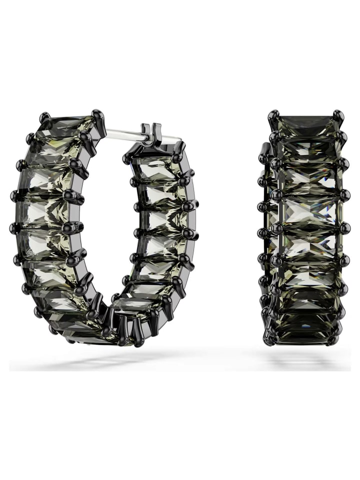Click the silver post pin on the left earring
tap(125, 134)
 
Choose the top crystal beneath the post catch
tap(155, 167)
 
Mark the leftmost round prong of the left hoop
tap(13, 228)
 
